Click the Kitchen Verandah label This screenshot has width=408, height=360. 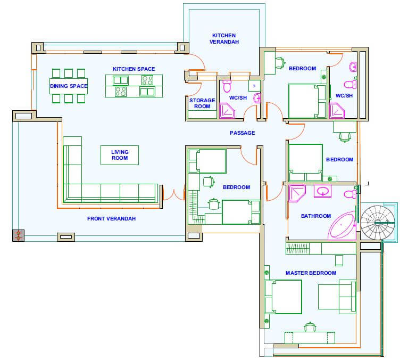224,38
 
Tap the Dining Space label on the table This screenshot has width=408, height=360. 69,86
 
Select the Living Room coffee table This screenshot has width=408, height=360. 120,156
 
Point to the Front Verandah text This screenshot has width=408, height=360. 111,218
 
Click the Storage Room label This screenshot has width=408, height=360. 202,103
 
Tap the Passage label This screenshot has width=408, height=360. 242,133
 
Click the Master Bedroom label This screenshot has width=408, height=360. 311,273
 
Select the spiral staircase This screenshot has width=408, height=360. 378,223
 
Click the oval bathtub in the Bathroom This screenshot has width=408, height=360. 342,226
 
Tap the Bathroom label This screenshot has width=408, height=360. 316,216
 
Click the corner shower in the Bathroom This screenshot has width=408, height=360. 297,193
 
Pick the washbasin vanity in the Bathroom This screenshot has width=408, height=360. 323,191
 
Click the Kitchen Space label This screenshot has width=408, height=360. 134,69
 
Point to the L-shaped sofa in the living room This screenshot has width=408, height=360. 73,193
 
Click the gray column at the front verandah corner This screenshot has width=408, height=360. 18,235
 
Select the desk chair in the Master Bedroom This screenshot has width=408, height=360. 310,327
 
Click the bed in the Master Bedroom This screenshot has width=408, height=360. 284,297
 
